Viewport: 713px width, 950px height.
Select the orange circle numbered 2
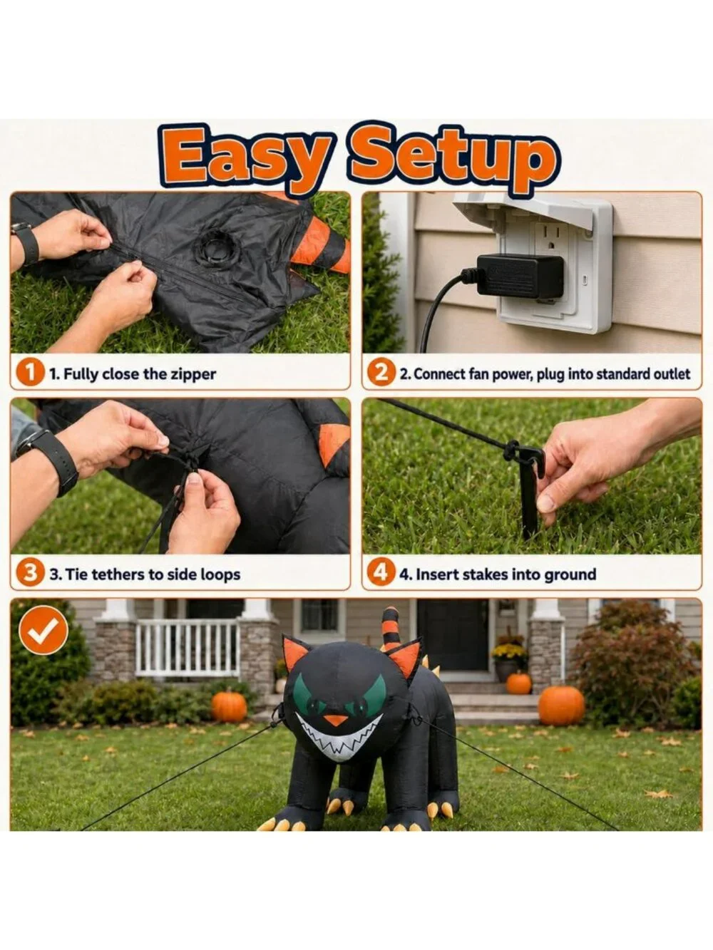point(381,373)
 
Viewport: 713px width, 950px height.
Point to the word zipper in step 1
point(193,374)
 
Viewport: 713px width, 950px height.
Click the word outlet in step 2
point(670,373)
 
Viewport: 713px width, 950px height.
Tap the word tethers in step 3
point(118,574)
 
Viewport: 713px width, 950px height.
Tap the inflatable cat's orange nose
point(337,721)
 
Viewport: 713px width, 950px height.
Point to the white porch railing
point(187,648)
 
